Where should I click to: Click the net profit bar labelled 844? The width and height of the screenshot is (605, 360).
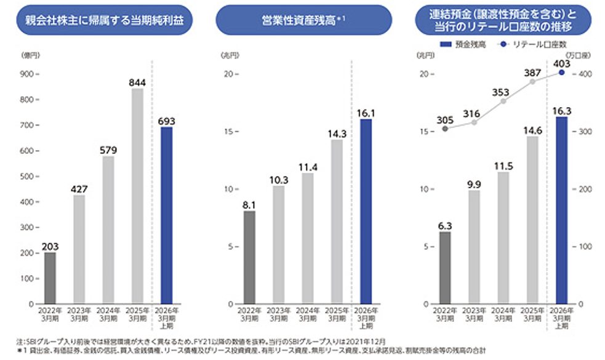click(137, 196)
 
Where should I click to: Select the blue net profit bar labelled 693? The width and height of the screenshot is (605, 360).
click(167, 215)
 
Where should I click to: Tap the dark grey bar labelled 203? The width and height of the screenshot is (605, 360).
click(50, 278)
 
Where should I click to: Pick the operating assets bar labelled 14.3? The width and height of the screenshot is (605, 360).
click(336, 222)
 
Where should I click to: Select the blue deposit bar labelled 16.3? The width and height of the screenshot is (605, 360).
click(561, 210)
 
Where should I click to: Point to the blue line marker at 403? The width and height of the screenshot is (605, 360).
click(561, 72)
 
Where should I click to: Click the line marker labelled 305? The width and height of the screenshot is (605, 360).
click(445, 128)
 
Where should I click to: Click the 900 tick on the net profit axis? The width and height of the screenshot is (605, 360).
click(29, 74)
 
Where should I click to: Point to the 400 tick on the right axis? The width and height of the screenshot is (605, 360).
click(583, 74)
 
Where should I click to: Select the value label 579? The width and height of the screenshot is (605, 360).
click(108, 150)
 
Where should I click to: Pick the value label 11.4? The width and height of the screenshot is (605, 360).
click(307, 167)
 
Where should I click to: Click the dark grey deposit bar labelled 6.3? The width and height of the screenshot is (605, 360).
click(445, 268)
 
